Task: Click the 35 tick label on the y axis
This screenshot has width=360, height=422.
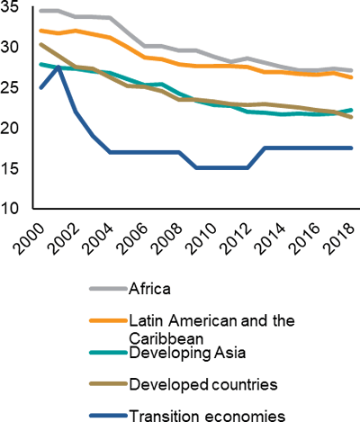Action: [x=9, y=7]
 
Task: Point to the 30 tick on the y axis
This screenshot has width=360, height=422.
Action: [x=9, y=47]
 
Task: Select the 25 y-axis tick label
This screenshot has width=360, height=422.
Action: [x=9, y=87]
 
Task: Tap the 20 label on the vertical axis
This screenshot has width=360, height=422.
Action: [x=9, y=128]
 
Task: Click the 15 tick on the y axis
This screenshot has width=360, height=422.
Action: [x=9, y=168]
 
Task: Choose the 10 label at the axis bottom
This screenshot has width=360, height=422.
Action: [x=9, y=209]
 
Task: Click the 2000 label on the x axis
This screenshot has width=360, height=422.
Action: [x=29, y=239]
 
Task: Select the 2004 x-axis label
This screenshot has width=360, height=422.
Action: [x=98, y=239]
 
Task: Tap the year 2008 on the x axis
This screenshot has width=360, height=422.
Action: [x=166, y=239]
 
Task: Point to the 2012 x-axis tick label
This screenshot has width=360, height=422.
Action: [x=236, y=239]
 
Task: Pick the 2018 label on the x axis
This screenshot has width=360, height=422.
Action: [x=339, y=239]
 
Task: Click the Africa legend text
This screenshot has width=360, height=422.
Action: [x=149, y=289]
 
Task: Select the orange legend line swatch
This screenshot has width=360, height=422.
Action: [x=108, y=320]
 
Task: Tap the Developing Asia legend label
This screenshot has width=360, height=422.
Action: [x=187, y=353]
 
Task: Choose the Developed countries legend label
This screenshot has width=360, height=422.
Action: [x=203, y=384]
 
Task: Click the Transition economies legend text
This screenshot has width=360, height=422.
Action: [x=207, y=416]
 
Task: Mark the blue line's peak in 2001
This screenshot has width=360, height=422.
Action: [x=58, y=67]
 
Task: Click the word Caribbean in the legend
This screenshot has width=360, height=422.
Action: [x=166, y=339]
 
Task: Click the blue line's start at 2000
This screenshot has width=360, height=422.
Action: [x=41, y=87]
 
